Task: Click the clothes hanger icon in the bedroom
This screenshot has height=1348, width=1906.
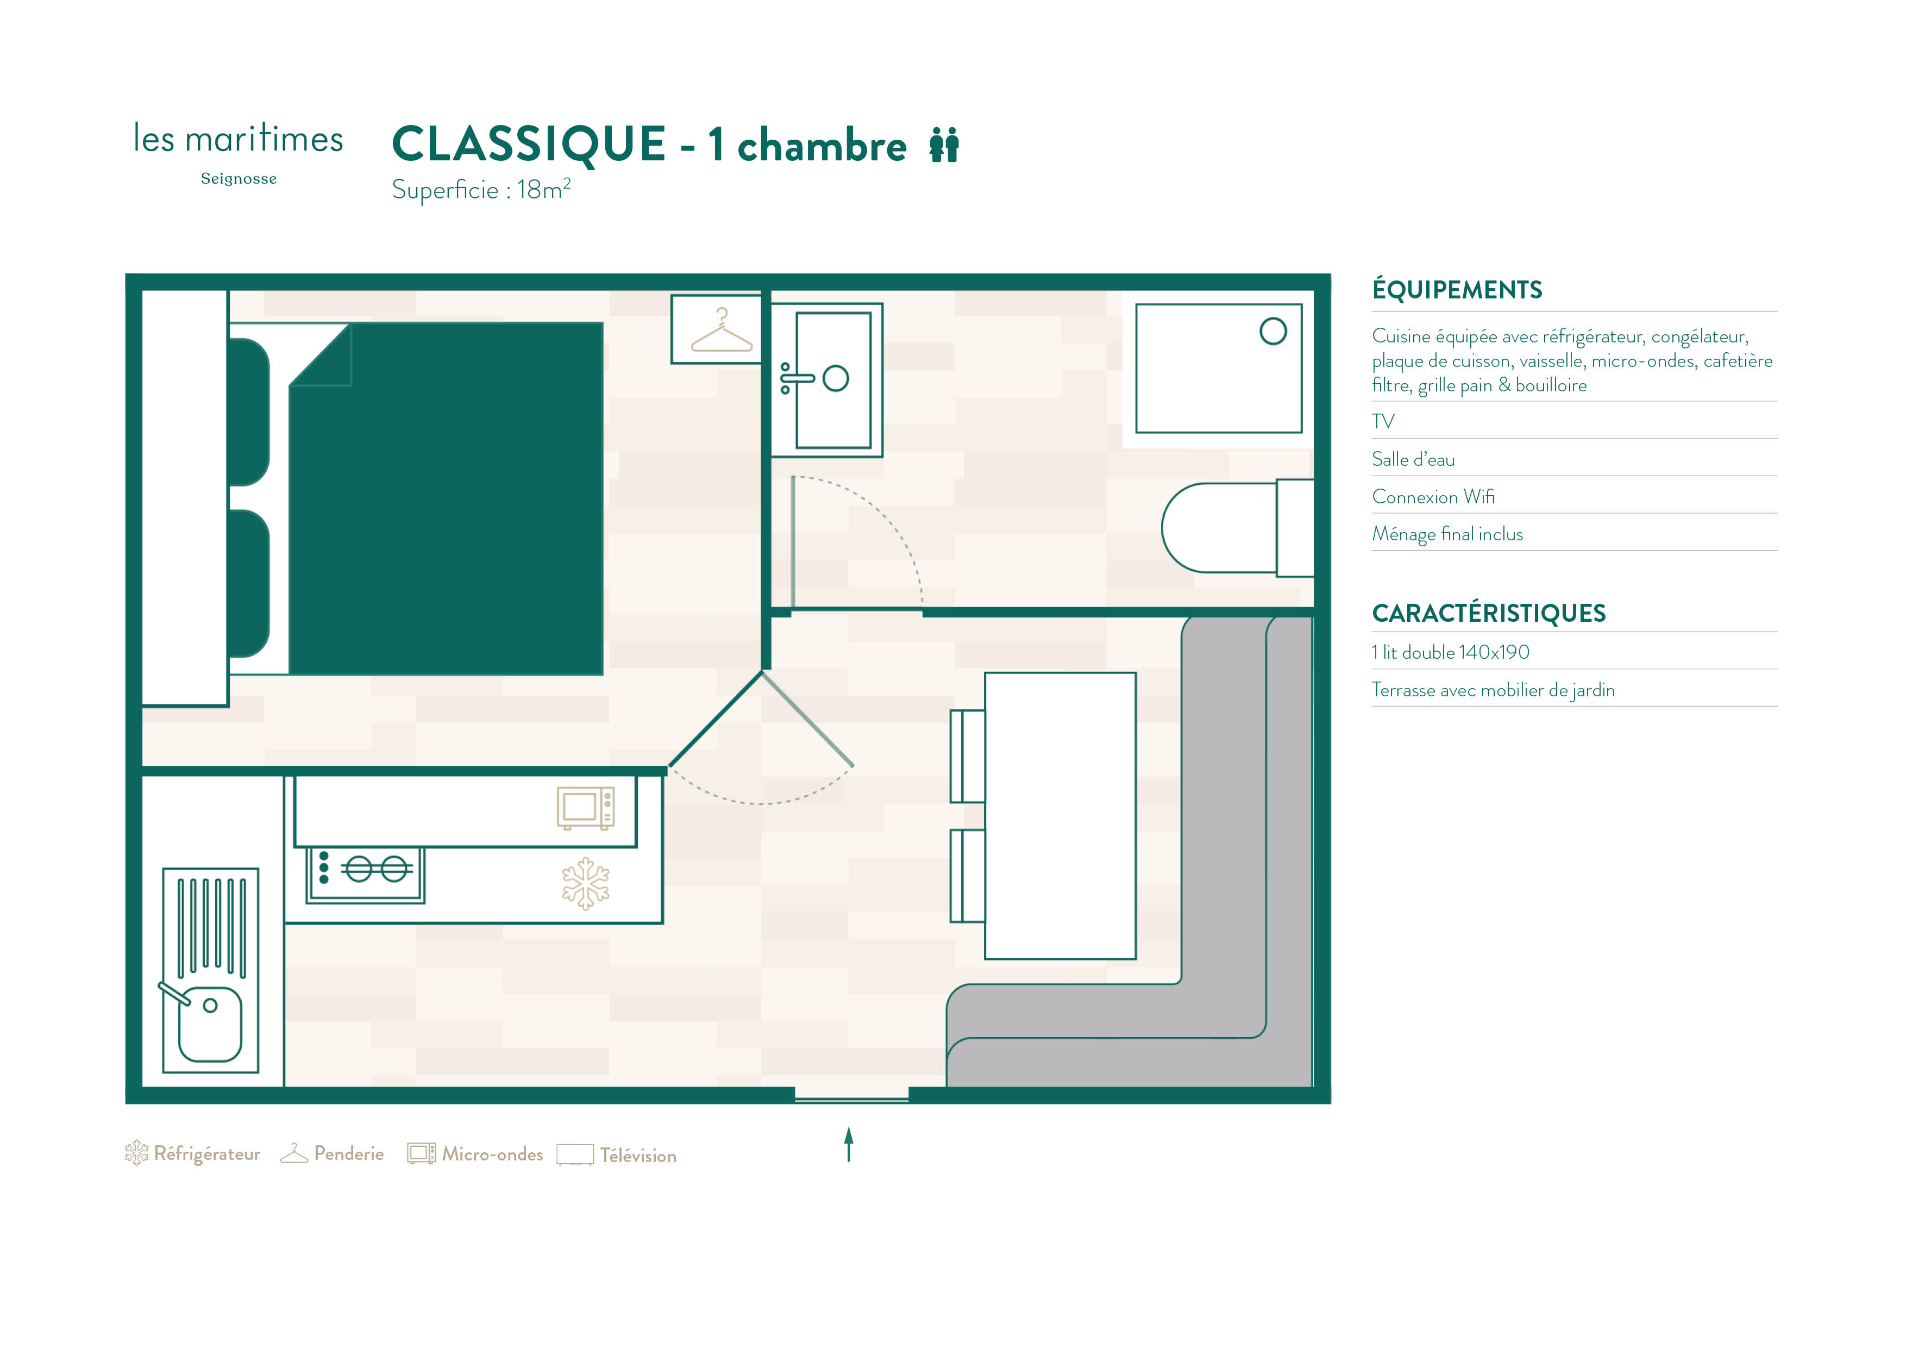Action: (x=722, y=332)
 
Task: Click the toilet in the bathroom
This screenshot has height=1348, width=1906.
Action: (x=1237, y=528)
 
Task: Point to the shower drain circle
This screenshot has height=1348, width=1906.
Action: (x=1272, y=332)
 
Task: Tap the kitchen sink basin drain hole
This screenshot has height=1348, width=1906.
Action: (x=210, y=1006)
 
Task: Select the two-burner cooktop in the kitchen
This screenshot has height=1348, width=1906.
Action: (x=365, y=875)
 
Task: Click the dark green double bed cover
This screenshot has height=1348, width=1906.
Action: (x=446, y=499)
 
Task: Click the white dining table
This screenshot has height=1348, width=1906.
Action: (x=1060, y=816)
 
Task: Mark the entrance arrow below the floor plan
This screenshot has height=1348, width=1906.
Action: (x=848, y=1144)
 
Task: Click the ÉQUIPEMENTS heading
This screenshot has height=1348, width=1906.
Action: (x=1457, y=290)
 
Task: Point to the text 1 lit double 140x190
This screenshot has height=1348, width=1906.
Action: (x=1450, y=652)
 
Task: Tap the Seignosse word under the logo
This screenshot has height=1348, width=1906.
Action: (x=239, y=179)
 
